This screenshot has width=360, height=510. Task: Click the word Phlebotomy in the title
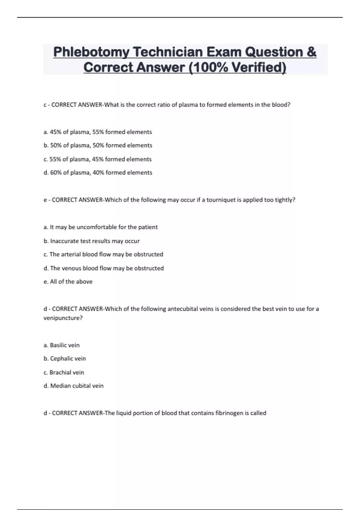(91, 52)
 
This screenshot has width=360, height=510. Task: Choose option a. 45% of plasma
(98, 132)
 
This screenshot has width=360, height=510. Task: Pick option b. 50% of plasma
(98, 145)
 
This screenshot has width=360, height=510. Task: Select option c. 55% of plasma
(97, 159)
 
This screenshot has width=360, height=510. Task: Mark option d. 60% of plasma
(98, 173)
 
